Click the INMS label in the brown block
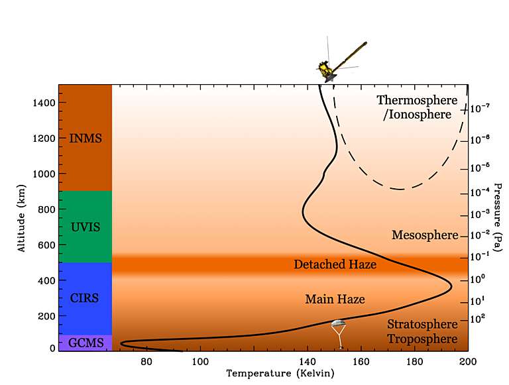tap(85, 138)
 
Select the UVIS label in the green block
tap(85, 227)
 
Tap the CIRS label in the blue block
tap(85, 298)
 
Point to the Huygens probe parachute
tap(339, 325)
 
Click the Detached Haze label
tap(335, 265)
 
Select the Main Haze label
tap(335, 300)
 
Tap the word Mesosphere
tap(425, 235)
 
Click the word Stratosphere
tap(422, 324)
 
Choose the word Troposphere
tap(422, 339)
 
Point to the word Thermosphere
tap(417, 101)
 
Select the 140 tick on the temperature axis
tap(308, 362)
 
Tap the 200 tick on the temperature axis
tap(468, 362)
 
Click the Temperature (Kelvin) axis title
tap(280, 374)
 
